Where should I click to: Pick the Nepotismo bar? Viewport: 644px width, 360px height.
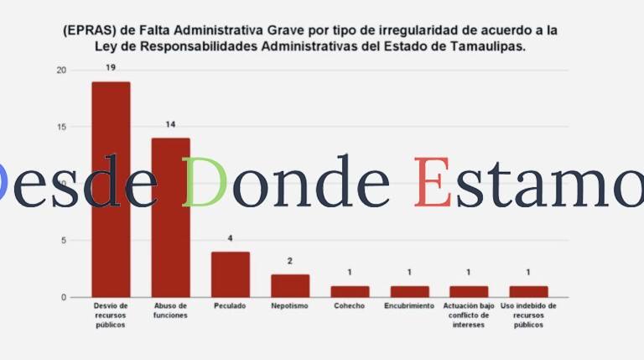click(289, 285)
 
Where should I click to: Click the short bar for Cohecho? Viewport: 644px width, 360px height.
click(349, 291)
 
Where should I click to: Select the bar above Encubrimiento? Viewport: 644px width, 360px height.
click(409, 291)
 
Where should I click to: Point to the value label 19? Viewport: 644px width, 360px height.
click(111, 67)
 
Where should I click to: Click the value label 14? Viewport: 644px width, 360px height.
click(170, 124)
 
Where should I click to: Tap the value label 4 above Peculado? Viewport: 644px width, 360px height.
click(230, 238)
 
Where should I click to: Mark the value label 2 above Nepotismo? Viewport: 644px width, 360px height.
click(290, 261)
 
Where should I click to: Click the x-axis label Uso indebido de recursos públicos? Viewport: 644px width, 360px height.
click(528, 316)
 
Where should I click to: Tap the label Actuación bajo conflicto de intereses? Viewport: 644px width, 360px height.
click(469, 316)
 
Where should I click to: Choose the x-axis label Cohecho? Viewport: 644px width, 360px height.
click(349, 306)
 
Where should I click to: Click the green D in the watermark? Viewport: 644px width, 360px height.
click(205, 182)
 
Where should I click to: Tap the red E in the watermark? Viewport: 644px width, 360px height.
click(432, 182)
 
